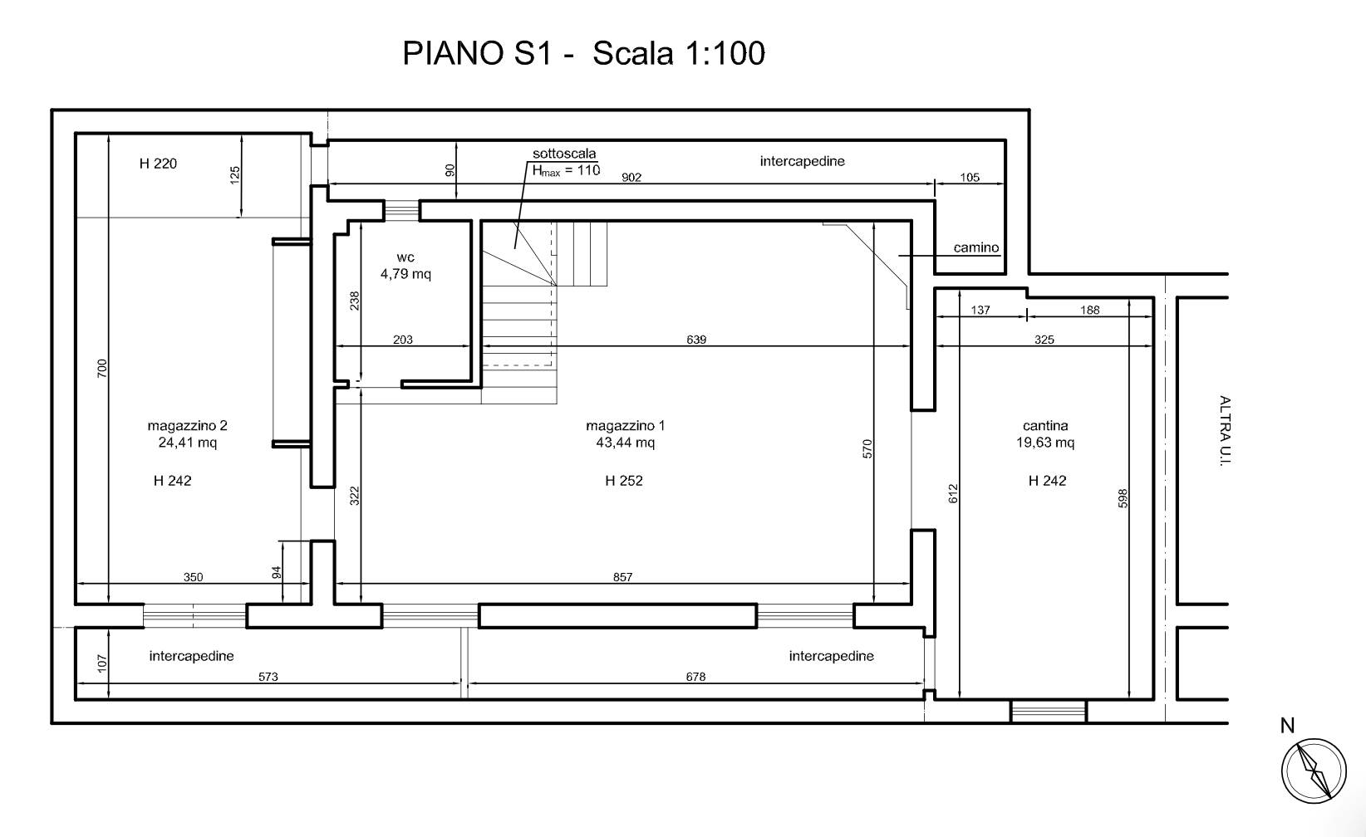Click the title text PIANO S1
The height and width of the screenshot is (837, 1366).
click(x=478, y=53)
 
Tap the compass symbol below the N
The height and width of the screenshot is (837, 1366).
click(x=1314, y=771)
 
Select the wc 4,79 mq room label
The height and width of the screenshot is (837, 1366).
click(x=405, y=266)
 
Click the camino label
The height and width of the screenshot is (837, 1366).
click(x=976, y=247)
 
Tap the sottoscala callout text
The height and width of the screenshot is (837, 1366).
click(x=564, y=154)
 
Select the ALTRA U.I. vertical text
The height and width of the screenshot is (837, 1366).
click(x=1225, y=431)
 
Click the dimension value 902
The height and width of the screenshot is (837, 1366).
click(x=631, y=178)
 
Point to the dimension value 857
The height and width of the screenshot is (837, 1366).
click(x=622, y=577)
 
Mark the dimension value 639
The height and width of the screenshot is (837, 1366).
click(x=696, y=340)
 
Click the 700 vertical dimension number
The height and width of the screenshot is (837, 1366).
click(x=102, y=368)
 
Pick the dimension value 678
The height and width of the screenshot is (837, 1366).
click(x=695, y=677)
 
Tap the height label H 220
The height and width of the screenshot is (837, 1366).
click(x=158, y=164)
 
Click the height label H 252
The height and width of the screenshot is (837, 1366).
click(x=624, y=481)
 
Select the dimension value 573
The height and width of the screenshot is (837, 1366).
click(x=268, y=677)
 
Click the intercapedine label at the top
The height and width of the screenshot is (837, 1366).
click(x=802, y=162)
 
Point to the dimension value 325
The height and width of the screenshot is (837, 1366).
click(x=1044, y=340)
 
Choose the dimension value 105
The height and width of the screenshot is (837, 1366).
click(x=970, y=178)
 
